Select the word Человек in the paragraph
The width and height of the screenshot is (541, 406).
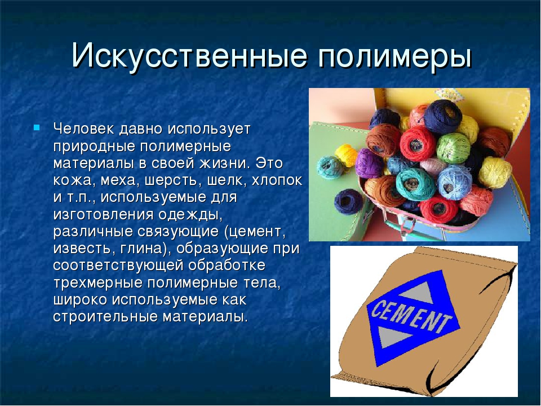click(x=84, y=129)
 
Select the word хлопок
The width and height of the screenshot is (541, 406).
click(x=277, y=180)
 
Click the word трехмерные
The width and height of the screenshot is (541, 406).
click(x=98, y=283)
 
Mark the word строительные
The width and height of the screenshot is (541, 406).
click(x=105, y=316)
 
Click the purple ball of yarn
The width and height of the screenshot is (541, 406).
click(x=369, y=163)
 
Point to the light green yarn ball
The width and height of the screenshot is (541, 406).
click(x=453, y=148)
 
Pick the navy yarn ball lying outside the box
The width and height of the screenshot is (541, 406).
click(x=348, y=202)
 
